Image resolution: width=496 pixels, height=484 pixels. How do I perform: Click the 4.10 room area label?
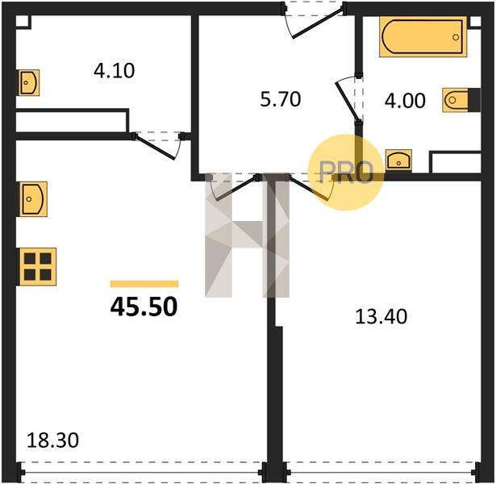(115, 70)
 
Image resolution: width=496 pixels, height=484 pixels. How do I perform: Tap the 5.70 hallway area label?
(281, 99)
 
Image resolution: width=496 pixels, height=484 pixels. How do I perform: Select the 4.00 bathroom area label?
(405, 101)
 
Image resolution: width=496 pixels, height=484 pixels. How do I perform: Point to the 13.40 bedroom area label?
(381, 317)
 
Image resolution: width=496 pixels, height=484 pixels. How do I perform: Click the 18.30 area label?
(52, 440)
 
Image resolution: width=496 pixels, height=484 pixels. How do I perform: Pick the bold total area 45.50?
(144, 307)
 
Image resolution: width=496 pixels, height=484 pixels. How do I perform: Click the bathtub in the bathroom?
(423, 36)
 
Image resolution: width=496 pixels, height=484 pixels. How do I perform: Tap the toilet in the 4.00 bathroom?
(456, 100)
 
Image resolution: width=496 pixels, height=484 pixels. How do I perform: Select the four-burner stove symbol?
(38, 267)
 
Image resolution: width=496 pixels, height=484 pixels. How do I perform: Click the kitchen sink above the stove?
(33, 199)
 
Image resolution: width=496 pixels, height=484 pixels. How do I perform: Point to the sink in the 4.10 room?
(29, 83)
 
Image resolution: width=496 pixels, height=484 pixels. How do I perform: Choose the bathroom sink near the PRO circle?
(398, 161)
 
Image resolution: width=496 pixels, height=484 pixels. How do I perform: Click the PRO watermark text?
(346, 172)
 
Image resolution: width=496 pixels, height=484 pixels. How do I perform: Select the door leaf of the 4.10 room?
(154, 148)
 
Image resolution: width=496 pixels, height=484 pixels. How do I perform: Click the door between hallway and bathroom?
(347, 101)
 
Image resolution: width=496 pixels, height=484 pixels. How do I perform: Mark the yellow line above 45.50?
(144, 284)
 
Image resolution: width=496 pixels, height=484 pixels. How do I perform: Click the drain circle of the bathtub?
(456, 37)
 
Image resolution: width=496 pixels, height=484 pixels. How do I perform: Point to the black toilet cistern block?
(474, 100)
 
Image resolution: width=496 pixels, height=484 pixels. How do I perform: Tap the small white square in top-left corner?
(22, 21)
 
